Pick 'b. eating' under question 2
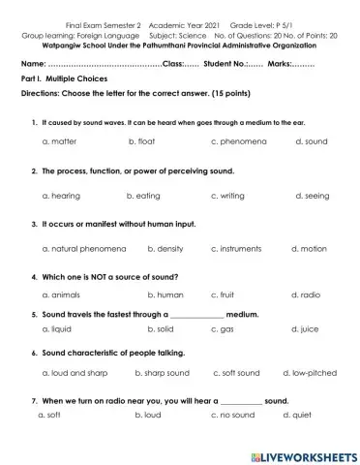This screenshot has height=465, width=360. tap(144, 195)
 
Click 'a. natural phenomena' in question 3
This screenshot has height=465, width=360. tap(84, 249)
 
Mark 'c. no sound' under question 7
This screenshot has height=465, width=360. tap(231, 415)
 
